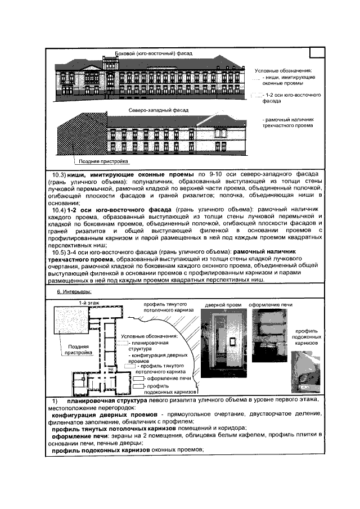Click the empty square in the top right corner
coord(317,51)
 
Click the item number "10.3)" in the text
coord(56,174)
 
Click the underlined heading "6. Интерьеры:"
coord(74,293)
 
